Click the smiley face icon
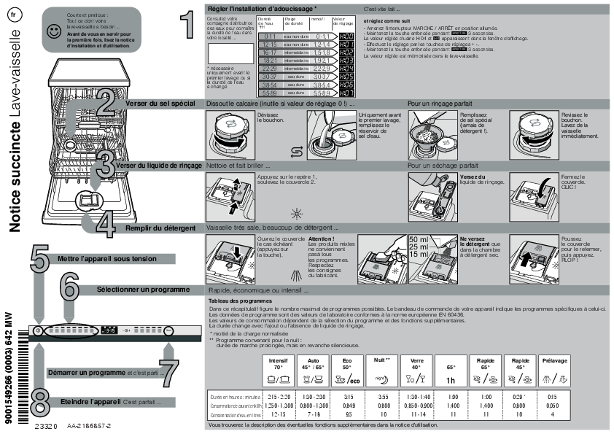[53, 31]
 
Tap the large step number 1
[187, 23]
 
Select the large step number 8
[41, 402]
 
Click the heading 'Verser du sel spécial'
[160, 104]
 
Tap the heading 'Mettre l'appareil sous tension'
[107, 258]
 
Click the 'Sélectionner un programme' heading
[144, 290]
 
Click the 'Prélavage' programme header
[555, 361]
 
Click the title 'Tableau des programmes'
[240, 301]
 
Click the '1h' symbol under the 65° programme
[451, 381]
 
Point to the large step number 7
[168, 373]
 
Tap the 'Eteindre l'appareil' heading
[90, 402]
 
